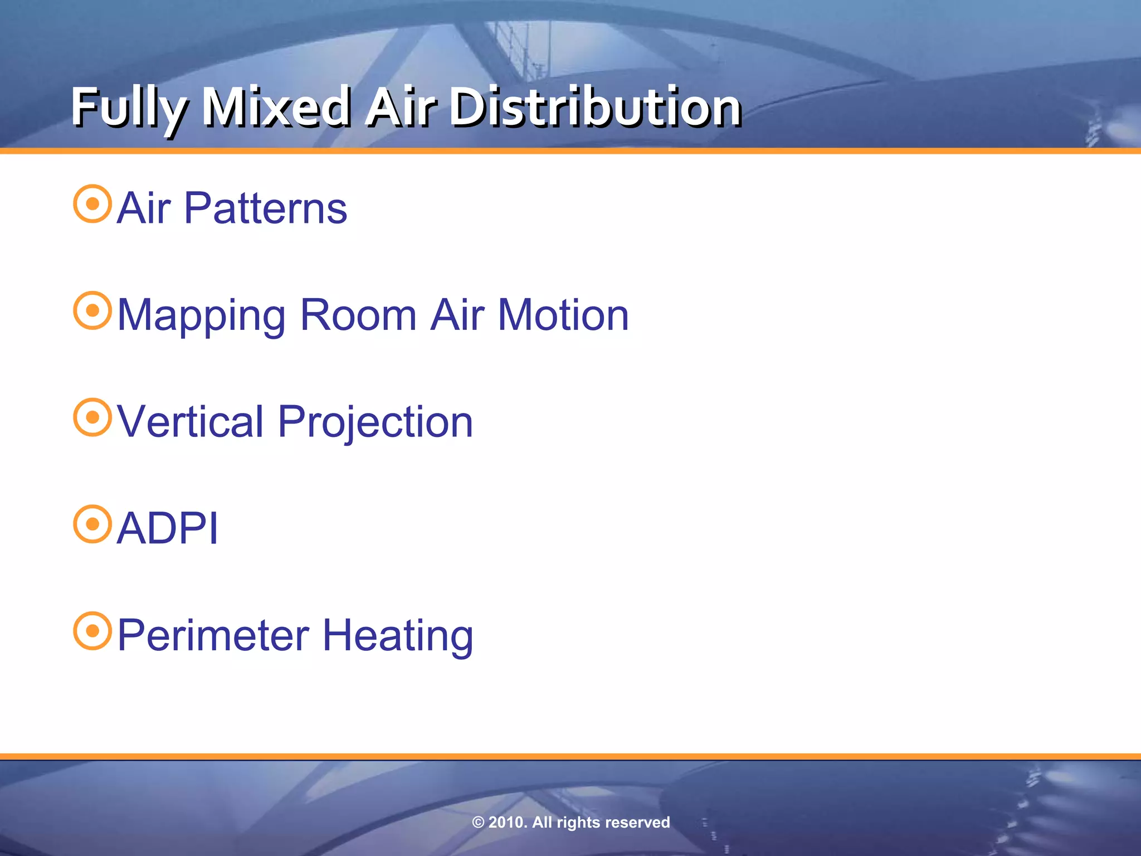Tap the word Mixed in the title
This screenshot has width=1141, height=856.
point(276,107)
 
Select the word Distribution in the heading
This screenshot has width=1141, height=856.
point(595,107)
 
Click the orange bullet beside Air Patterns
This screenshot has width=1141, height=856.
point(92,204)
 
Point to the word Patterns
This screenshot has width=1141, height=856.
point(265,208)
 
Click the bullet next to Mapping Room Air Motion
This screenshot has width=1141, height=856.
point(92,310)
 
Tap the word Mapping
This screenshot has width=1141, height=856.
point(201,315)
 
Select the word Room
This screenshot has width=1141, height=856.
point(358,315)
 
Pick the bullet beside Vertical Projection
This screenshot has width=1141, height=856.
point(92,417)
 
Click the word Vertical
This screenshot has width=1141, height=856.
point(190,422)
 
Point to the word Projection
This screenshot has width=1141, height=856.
point(375,422)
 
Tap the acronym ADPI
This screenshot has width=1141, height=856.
point(168,528)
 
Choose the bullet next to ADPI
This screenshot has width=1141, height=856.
point(92,524)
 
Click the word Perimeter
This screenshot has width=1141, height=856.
point(213,635)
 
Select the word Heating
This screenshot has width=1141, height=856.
point(398,635)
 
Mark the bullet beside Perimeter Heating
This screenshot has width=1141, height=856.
point(92,631)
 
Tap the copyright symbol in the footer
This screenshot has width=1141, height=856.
point(478,823)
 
